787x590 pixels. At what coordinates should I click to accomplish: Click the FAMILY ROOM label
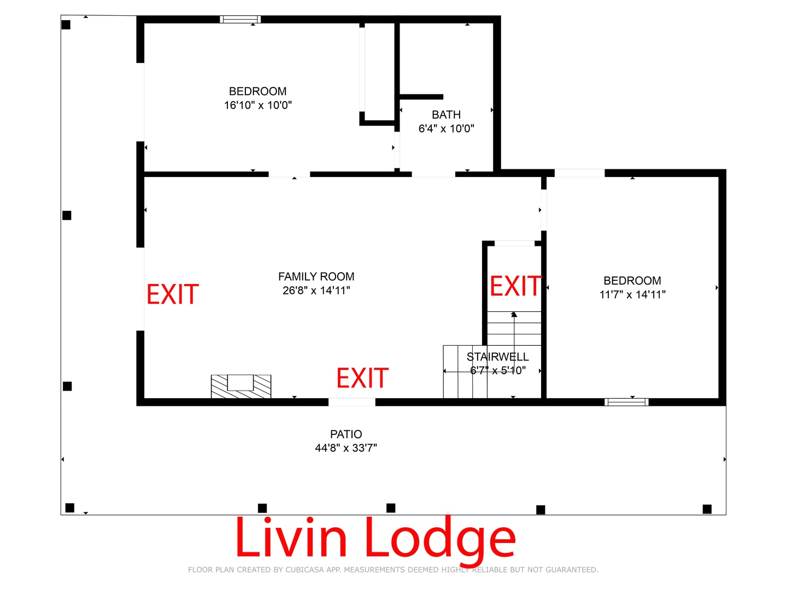(316, 276)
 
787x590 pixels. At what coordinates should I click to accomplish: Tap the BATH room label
(446, 115)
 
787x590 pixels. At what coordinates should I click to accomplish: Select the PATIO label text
(346, 434)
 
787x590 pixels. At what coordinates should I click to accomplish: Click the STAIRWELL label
(498, 357)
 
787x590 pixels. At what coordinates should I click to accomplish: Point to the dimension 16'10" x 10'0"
(258, 105)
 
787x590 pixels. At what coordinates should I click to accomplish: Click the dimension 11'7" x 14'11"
(632, 294)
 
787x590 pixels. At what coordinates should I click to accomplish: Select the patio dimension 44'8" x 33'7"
(346, 448)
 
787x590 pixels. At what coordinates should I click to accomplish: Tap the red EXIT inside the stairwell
(515, 286)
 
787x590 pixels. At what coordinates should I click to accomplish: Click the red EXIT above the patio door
(362, 378)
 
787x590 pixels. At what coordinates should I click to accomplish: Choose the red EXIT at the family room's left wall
(173, 294)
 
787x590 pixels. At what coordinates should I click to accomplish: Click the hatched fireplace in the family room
(241, 386)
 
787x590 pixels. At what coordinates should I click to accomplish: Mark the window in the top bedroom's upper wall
(240, 19)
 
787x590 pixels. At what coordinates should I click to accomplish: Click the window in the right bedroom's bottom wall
(626, 402)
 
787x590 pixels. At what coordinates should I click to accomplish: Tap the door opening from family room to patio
(352, 402)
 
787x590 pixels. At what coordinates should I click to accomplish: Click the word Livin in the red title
(291, 536)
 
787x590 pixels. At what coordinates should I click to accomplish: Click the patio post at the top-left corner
(66, 25)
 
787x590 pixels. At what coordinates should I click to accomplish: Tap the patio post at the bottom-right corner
(707, 509)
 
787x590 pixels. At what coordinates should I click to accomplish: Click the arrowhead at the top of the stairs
(514, 315)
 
